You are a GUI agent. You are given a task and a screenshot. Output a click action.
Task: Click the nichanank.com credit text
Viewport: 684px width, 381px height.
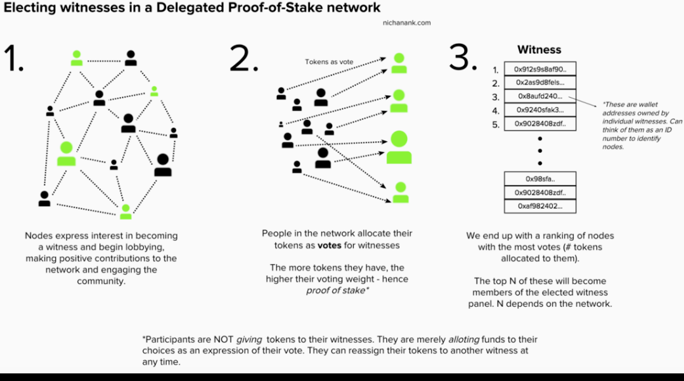point(406,23)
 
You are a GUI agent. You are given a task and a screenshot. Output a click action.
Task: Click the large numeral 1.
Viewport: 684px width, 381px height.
point(14,58)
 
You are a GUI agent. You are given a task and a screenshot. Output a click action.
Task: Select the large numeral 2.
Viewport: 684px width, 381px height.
point(243,58)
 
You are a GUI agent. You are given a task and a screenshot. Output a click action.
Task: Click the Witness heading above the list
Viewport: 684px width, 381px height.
point(539,49)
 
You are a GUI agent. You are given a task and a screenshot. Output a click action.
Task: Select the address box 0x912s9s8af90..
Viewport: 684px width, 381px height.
point(539,68)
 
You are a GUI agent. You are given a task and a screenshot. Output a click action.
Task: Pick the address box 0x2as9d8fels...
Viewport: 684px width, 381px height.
point(539,82)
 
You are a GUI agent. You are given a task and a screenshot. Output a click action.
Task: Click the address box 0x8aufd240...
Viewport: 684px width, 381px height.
point(539,96)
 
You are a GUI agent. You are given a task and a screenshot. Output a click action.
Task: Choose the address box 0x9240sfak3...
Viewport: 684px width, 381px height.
point(539,110)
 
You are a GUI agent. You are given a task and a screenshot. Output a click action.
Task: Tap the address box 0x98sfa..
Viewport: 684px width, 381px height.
point(539,179)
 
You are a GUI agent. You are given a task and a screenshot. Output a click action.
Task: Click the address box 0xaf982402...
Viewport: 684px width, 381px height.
point(539,206)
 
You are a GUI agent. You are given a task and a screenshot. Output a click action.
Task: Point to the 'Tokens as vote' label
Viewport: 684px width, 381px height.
point(329,62)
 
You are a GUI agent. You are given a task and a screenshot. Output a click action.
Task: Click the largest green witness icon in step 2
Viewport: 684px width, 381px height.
point(399,147)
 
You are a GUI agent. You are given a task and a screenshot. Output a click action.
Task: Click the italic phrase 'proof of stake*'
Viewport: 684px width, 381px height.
point(337,291)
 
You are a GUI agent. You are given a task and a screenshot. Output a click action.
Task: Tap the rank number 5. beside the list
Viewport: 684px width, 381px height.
point(496,124)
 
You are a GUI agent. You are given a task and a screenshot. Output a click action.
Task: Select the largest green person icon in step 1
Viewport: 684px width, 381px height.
point(67,154)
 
